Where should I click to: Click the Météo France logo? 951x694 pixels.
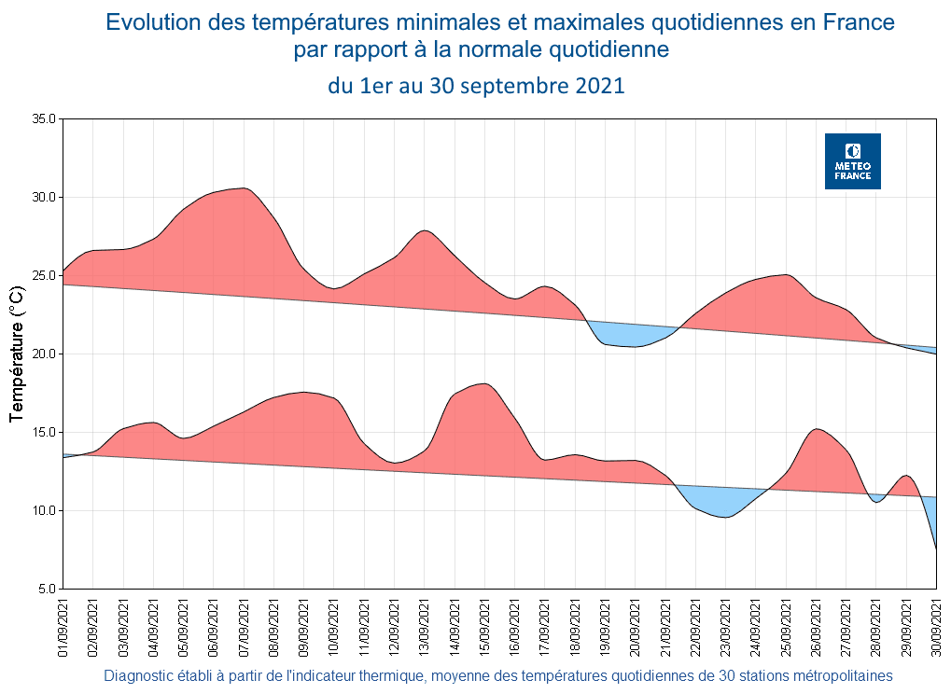tap(852, 161)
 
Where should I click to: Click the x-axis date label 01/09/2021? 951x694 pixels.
tap(63, 630)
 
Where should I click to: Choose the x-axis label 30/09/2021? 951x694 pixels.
tap(936, 630)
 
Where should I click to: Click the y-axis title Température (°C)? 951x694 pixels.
tap(17, 354)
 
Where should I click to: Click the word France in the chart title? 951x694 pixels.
tap(857, 22)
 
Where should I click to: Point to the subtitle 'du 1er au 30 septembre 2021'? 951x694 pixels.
tap(476, 86)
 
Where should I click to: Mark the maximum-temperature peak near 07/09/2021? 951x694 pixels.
tap(244, 188)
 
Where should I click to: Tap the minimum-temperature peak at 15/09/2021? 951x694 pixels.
tap(483, 384)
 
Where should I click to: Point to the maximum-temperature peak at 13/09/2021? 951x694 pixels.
tap(425, 230)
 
